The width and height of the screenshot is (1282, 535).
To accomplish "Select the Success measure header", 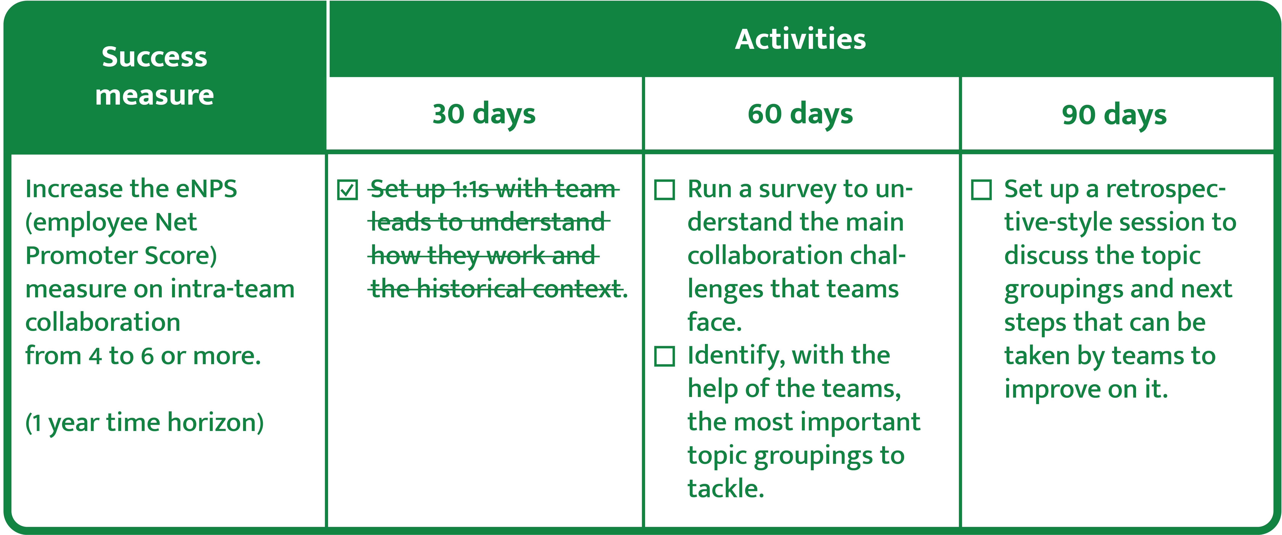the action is click(154, 76).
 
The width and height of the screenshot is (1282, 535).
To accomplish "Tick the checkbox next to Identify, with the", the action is click(664, 356).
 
